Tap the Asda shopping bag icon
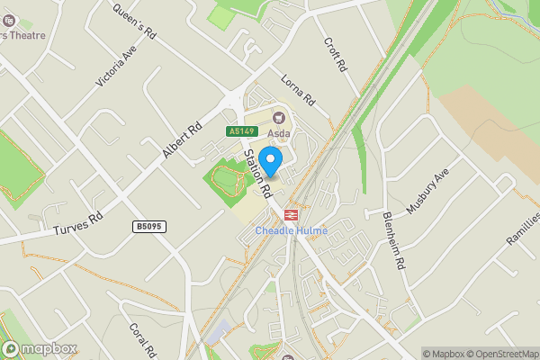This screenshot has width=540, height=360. tap(278, 116)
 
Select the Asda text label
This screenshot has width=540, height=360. tap(278, 132)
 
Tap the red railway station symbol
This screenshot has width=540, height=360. tap(291, 215)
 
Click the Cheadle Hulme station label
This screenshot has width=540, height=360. tap(292, 230)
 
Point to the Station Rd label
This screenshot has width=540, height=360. tap(257, 174)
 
